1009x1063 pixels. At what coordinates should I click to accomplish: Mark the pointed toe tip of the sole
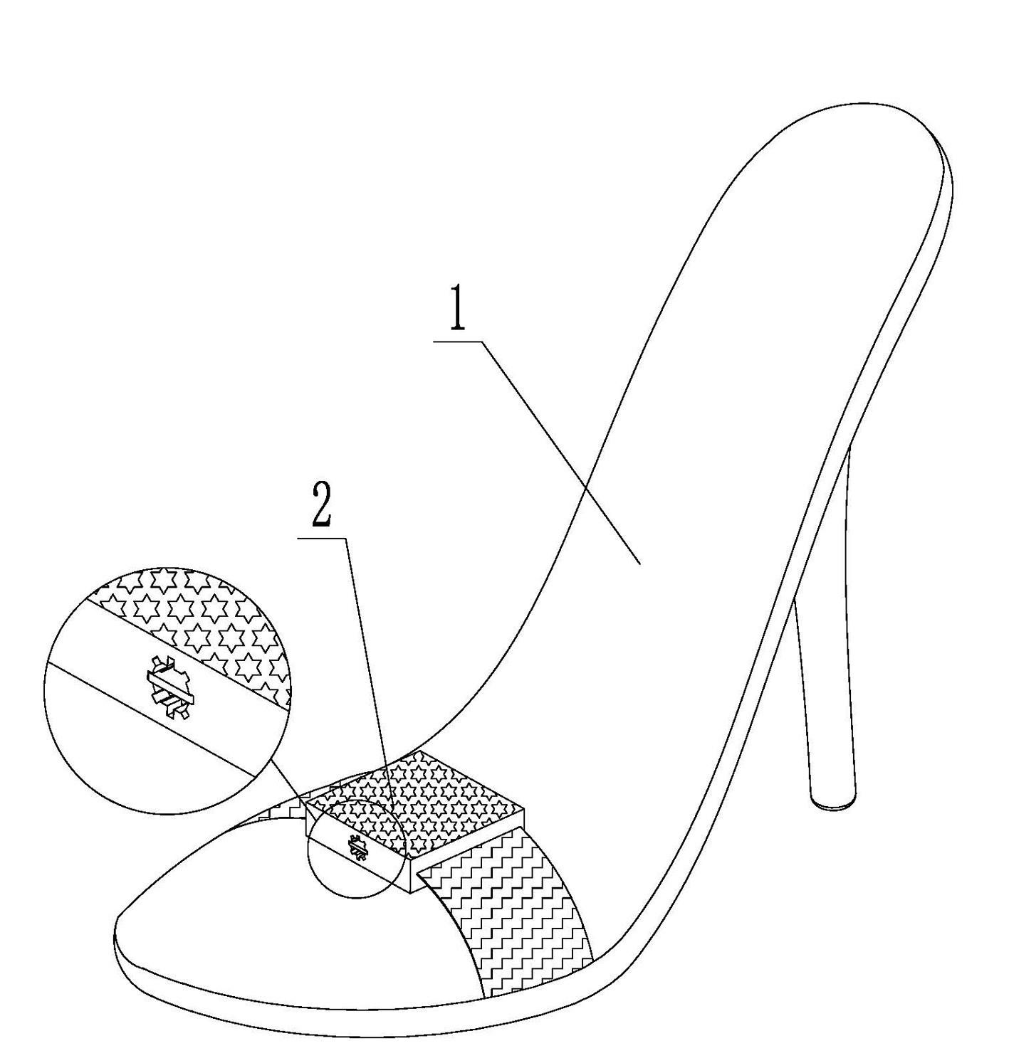click(x=118, y=932)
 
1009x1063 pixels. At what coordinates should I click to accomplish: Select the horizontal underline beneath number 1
click(x=459, y=342)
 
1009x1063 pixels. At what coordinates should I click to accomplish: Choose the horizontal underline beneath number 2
click(x=322, y=539)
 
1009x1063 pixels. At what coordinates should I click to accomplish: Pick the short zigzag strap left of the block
click(x=285, y=811)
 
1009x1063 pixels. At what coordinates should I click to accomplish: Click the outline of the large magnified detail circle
click(x=44, y=690)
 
